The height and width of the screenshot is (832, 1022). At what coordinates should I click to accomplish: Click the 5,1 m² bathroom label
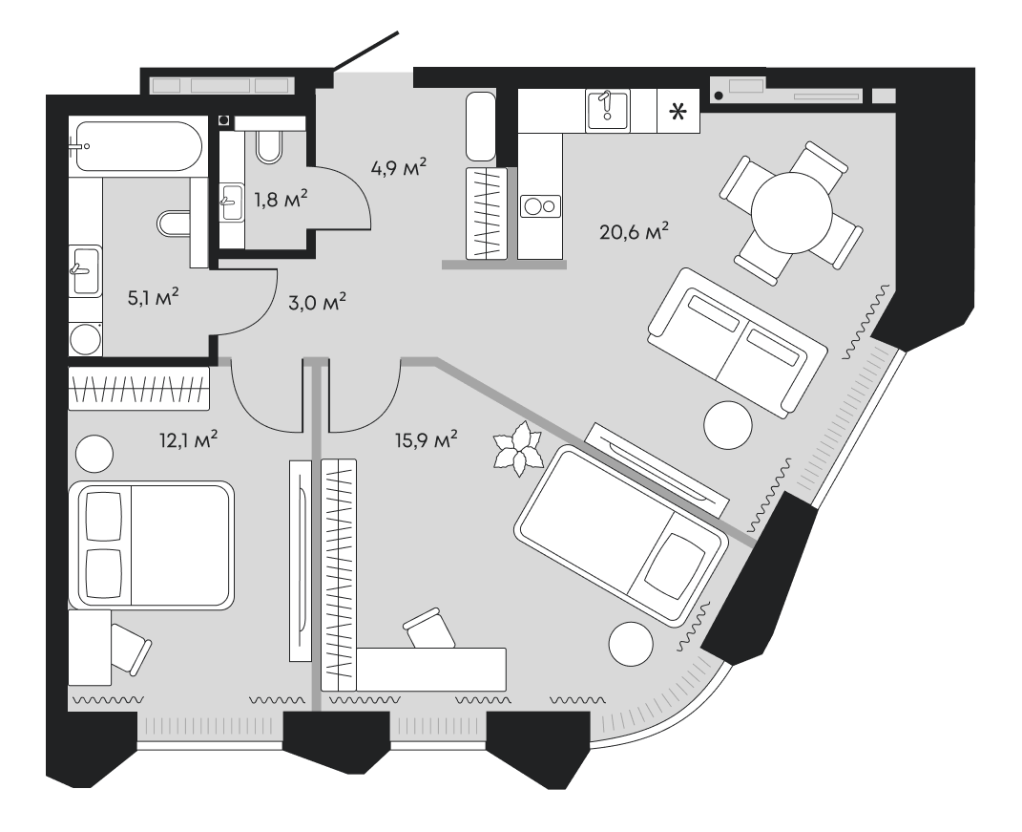coord(154,297)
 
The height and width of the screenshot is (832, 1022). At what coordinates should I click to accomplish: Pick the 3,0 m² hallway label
coord(316,303)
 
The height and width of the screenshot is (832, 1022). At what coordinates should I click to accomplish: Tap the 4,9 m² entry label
coord(398,168)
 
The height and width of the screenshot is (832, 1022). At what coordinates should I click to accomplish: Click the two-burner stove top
coord(541,205)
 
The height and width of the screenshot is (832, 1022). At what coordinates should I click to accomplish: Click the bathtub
coord(136,147)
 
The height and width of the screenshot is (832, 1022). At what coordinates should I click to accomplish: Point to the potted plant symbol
coord(516,448)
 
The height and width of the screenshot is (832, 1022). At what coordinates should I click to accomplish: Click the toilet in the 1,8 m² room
coord(271,144)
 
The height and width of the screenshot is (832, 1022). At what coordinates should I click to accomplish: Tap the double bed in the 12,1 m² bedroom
coord(151,544)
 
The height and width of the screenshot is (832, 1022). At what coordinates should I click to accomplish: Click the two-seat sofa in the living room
coord(736,341)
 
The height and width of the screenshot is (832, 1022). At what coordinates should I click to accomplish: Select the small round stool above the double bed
coord(94,452)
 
